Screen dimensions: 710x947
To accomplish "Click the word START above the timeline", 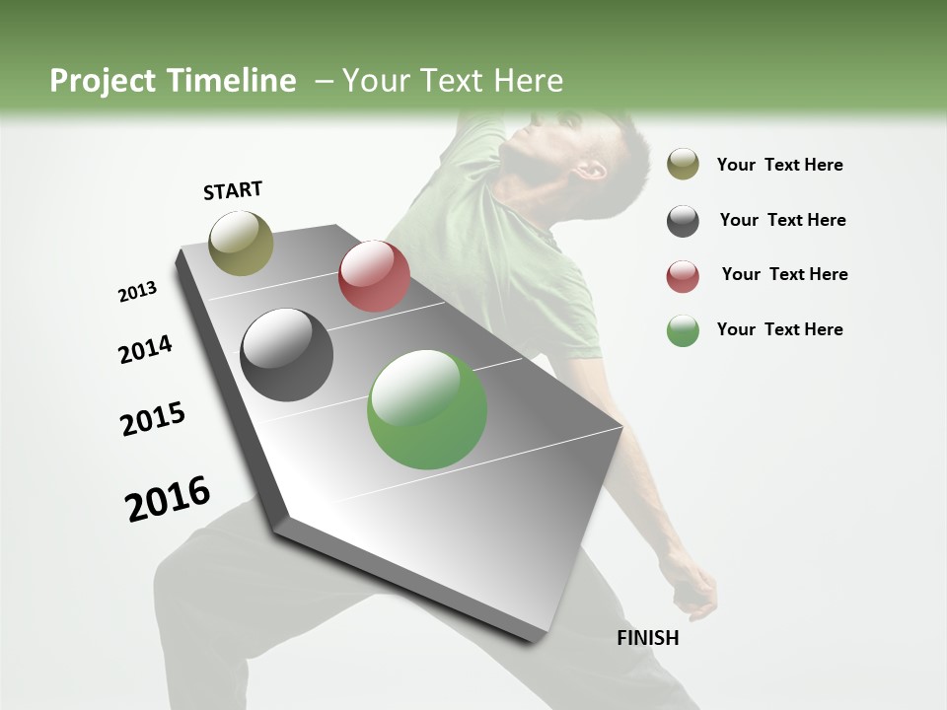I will [233, 190].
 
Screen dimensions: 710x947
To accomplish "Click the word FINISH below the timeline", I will [648, 638].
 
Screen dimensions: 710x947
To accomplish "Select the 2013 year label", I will [137, 292].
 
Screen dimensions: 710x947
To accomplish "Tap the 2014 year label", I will [145, 350].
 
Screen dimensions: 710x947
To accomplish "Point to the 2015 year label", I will [153, 419].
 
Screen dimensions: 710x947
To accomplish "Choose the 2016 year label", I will [168, 499].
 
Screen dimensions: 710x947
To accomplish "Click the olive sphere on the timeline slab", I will [242, 243].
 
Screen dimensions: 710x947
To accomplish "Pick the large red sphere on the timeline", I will [374, 276].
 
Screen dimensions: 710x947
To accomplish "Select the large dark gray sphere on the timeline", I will [287, 355].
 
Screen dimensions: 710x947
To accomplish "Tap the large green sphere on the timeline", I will [427, 409].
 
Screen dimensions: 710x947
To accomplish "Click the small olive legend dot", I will [683, 164].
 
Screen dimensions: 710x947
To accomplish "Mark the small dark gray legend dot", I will [683, 221].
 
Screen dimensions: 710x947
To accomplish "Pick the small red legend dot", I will [683, 276].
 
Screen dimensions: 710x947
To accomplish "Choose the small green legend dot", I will [683, 331].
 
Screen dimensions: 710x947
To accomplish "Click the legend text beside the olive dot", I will [779, 165].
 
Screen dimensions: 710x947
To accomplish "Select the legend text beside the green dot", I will [779, 329].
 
